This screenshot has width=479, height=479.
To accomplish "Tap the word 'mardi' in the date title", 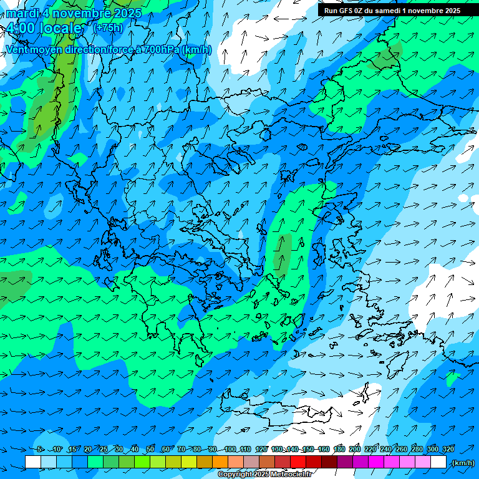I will [22, 13].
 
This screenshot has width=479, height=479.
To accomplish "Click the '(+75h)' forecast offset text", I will [107, 27].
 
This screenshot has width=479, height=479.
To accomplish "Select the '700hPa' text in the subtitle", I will [162, 49].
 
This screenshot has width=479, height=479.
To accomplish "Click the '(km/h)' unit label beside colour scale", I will [463, 463].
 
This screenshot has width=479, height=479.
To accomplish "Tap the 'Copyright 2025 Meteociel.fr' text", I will [264, 475].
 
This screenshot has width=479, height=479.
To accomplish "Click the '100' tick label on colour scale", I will [230, 450].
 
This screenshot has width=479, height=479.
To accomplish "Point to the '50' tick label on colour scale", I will [150, 450].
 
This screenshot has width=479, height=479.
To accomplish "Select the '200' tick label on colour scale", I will [355, 450].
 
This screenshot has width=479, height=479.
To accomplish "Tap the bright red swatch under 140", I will [298, 462].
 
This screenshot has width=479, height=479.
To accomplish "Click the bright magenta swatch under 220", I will [376, 462].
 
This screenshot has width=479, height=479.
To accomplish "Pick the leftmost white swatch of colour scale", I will [33, 462].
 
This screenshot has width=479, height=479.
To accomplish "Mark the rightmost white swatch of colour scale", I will [438, 462].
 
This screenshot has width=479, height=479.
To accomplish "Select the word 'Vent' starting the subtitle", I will [17, 49].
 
